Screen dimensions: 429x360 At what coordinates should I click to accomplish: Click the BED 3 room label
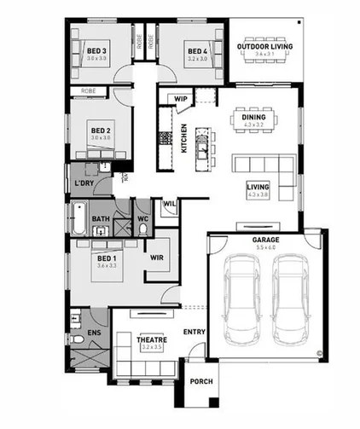tap(96, 50)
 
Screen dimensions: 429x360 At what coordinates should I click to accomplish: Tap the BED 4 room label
tap(197, 50)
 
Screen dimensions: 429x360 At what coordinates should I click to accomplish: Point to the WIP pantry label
tap(180, 99)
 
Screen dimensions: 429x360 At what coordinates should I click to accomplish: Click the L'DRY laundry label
tap(84, 183)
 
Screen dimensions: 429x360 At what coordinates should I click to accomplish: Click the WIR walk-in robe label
tap(157, 256)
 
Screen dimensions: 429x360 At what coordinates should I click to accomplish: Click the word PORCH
tap(200, 382)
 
